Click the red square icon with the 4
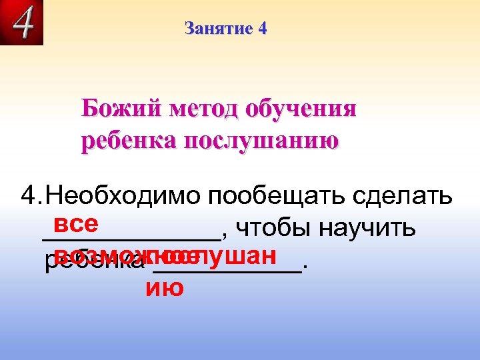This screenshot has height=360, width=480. pos(22,23)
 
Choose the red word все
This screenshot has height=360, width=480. pos(77,222)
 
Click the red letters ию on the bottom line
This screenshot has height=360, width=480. pos(164,288)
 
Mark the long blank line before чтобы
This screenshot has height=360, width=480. pos(131,237)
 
